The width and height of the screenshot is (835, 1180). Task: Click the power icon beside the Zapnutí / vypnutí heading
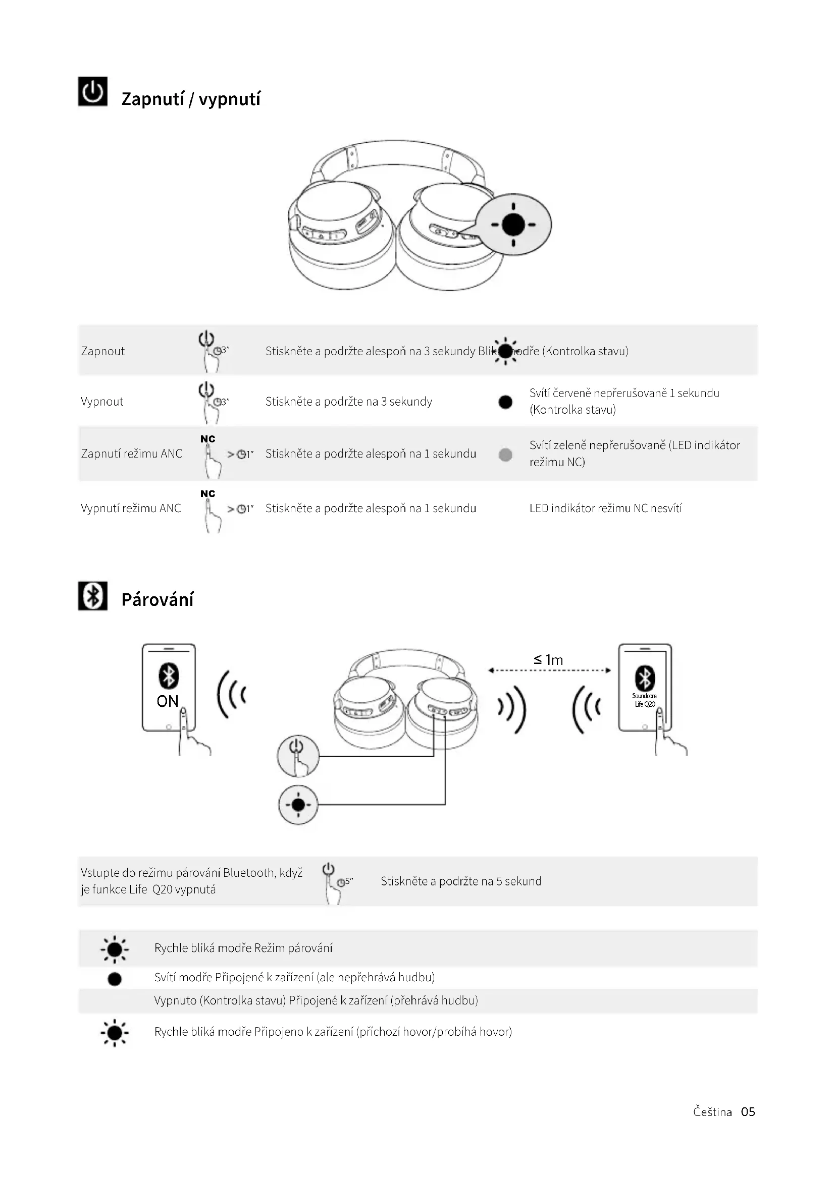click(x=92, y=91)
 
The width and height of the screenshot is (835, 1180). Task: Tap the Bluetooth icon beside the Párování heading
click(x=92, y=596)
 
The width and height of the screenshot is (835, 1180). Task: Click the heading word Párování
click(x=158, y=600)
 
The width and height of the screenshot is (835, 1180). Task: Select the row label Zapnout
click(x=103, y=351)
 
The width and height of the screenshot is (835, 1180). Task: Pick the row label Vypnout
click(x=102, y=402)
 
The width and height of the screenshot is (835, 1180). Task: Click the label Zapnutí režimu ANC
click(x=132, y=454)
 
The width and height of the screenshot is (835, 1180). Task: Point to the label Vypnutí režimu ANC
click(x=131, y=509)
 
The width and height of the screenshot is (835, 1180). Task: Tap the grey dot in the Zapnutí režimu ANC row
click(x=505, y=455)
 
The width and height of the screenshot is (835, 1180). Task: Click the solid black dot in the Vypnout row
click(x=505, y=402)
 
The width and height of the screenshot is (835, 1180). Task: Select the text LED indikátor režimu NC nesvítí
click(x=606, y=509)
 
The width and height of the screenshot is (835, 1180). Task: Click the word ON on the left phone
click(x=168, y=701)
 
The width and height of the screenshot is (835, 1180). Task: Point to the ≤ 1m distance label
click(x=549, y=660)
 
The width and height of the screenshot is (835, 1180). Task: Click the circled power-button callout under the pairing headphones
click(x=298, y=756)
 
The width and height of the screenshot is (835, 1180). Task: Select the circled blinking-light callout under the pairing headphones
click(x=298, y=804)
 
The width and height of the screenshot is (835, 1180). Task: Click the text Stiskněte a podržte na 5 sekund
click(x=461, y=881)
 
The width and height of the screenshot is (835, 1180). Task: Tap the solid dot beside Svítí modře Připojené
click(x=115, y=979)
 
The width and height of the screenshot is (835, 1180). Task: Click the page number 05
click(x=748, y=1112)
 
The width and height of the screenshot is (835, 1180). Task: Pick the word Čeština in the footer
click(x=712, y=1112)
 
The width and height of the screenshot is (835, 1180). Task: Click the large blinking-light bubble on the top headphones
click(x=513, y=224)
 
